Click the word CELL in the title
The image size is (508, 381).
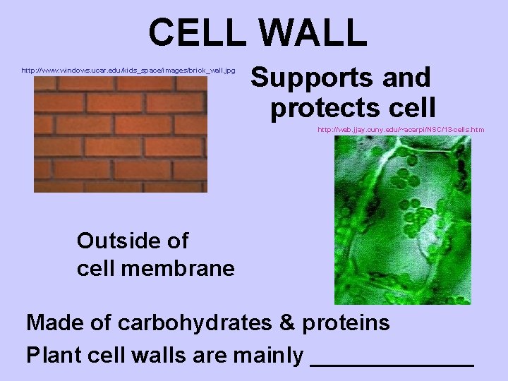(195, 32)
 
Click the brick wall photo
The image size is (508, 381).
(121, 134)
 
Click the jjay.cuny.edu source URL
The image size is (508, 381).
(401, 130)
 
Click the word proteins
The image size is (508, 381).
(346, 323)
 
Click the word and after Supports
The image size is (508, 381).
(406, 78)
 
